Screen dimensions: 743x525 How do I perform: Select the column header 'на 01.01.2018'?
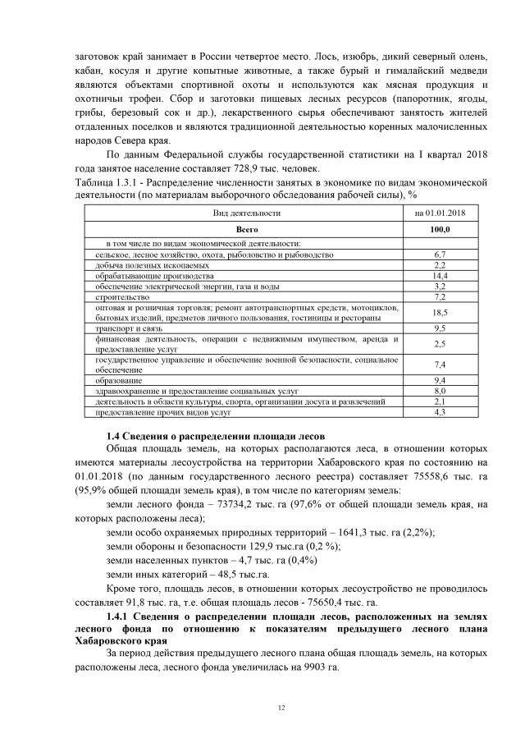coord(438,213)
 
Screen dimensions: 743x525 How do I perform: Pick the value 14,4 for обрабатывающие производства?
coord(438,277)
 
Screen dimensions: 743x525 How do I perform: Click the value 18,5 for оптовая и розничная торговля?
coord(438,313)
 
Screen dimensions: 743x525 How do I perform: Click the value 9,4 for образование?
coord(438,381)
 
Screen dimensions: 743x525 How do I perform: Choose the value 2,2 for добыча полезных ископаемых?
coord(438,266)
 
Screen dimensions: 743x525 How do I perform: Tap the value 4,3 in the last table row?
coord(438,412)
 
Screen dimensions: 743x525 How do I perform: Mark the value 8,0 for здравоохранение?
coord(438,392)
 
